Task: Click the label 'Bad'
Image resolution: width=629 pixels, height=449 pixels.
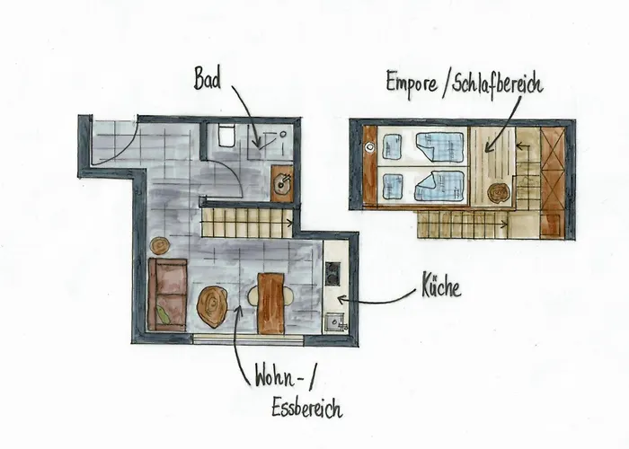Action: pyautogui.click(x=208, y=78)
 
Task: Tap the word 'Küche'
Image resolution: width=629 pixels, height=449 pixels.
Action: pyautogui.click(x=440, y=289)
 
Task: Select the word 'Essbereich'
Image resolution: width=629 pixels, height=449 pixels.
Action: pyautogui.click(x=306, y=409)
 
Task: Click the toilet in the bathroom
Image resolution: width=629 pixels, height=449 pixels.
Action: pyautogui.click(x=226, y=136)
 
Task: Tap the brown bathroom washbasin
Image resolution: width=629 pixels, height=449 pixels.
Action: pyautogui.click(x=282, y=185)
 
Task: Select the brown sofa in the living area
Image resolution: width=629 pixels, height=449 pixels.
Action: pyautogui.click(x=167, y=294)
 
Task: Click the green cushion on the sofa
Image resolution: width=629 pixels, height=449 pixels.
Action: pyautogui.click(x=163, y=312)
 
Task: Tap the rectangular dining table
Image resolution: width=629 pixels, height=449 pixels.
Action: pyautogui.click(x=270, y=304)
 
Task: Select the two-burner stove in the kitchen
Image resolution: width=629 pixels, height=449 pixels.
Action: pyautogui.click(x=332, y=273)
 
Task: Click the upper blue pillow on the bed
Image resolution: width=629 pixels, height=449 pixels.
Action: pyautogui.click(x=392, y=146)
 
